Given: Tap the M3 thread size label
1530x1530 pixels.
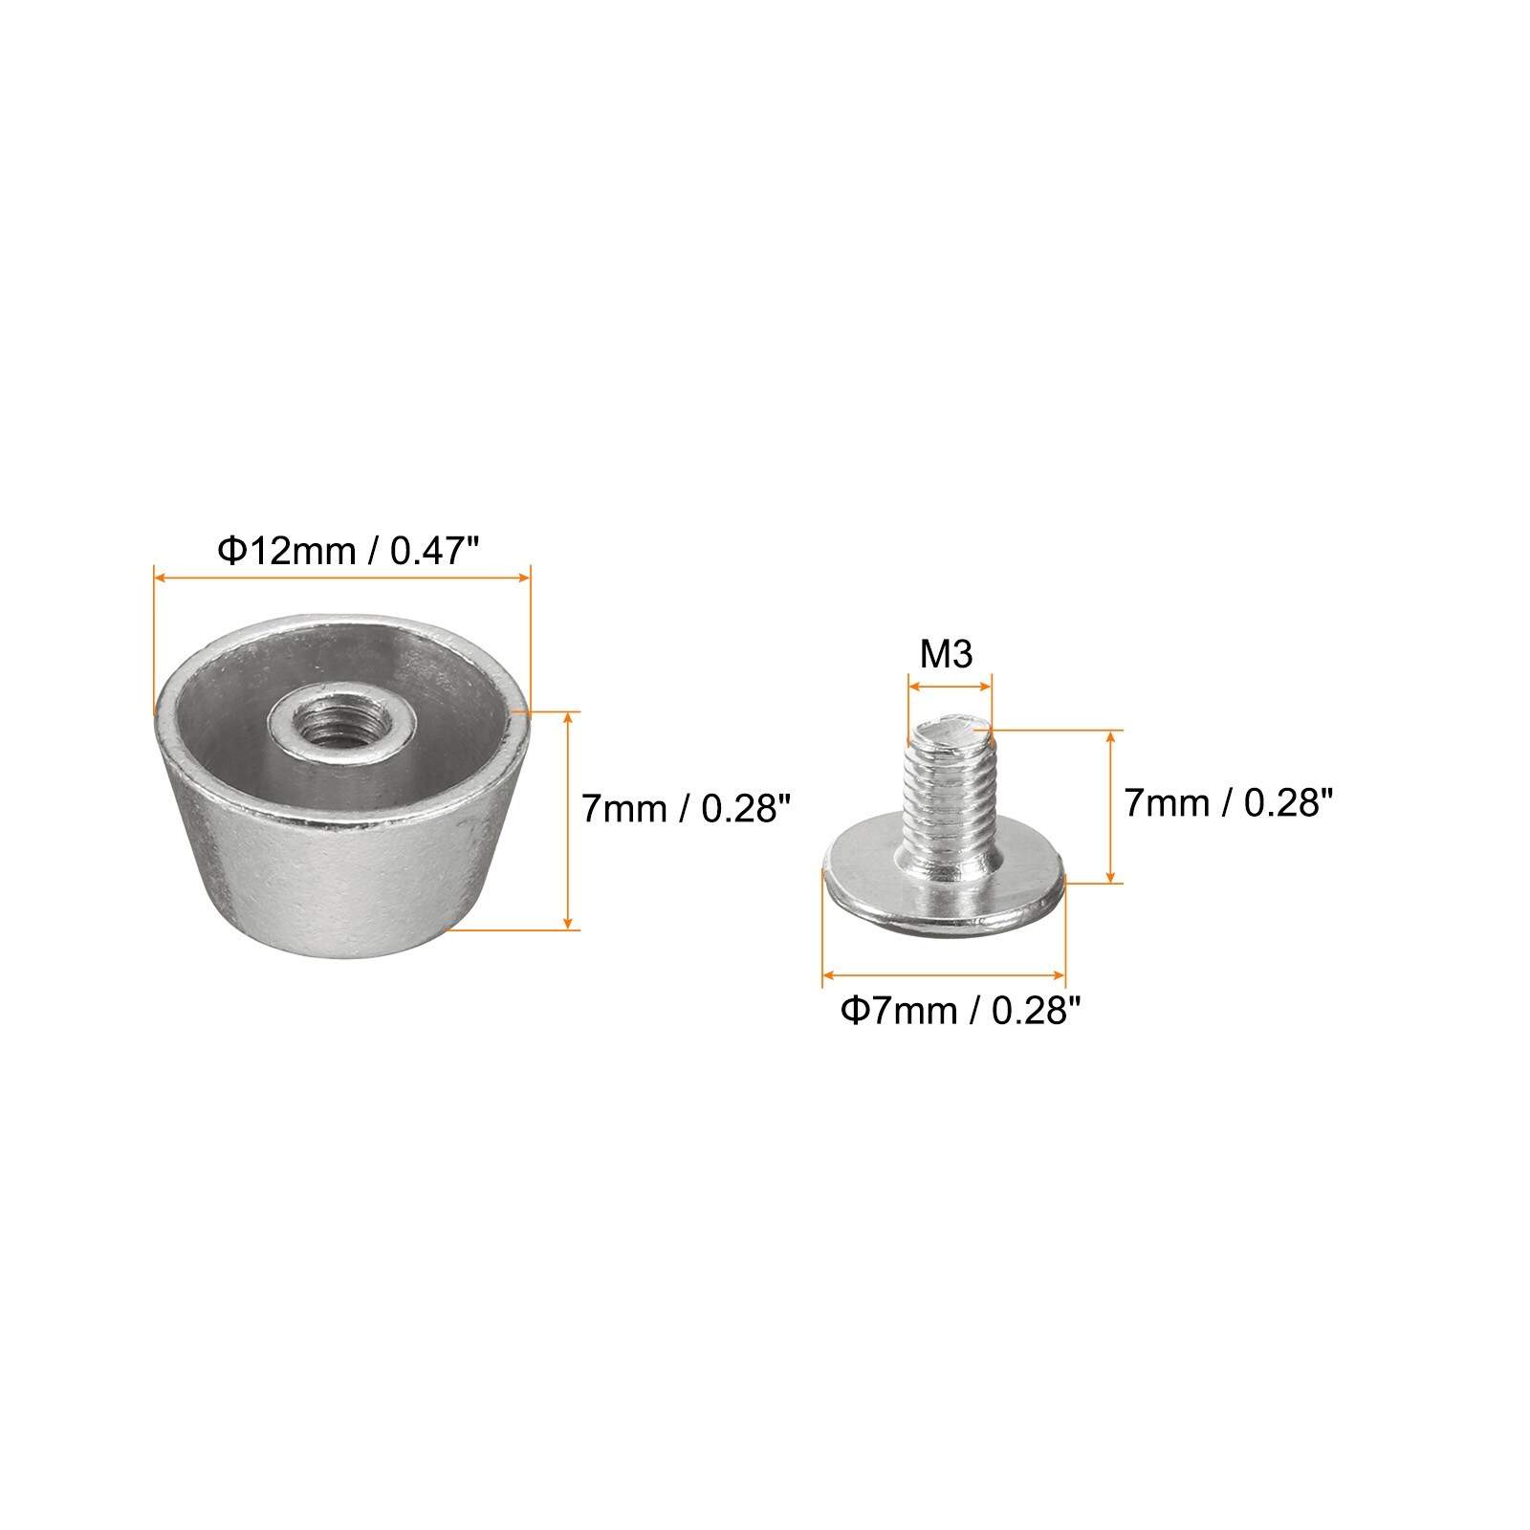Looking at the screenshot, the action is [946, 654].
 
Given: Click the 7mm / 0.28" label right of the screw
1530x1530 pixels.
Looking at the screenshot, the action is [1228, 802].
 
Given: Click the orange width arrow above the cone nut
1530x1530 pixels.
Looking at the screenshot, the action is [341, 578].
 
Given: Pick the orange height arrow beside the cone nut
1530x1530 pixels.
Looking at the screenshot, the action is [570, 820].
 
